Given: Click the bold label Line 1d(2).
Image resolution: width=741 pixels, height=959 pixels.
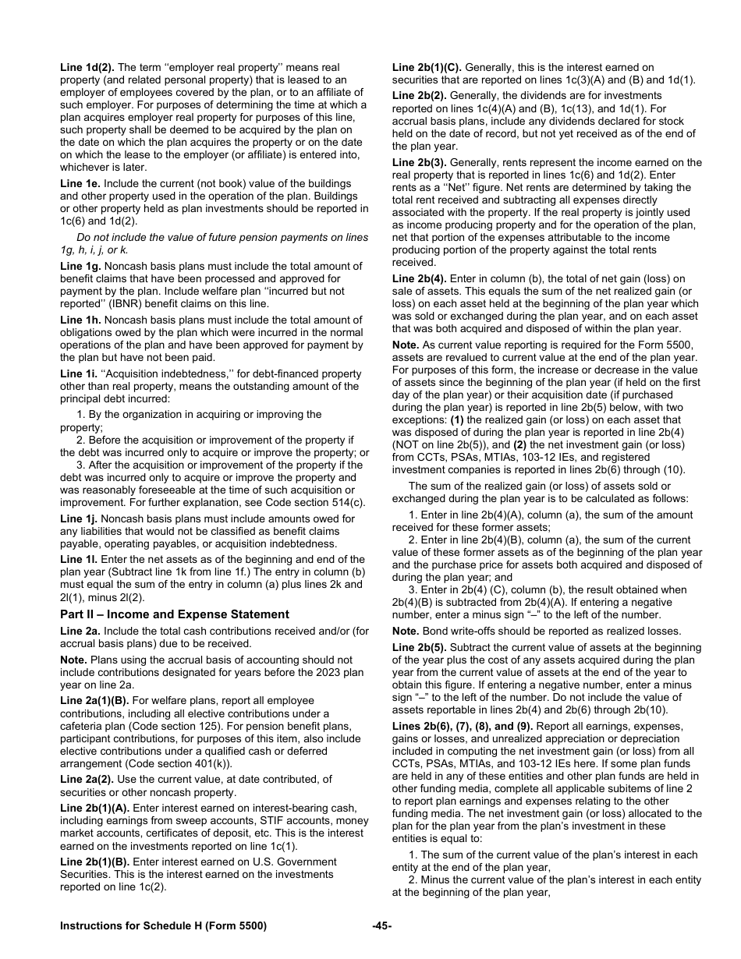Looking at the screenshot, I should [87, 68].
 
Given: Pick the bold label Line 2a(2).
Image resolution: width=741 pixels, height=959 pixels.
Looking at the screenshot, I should [87, 779].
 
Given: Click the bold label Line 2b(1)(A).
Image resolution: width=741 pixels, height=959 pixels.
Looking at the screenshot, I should [94, 808].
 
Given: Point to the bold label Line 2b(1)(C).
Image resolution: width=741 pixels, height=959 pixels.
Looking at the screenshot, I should [427, 68].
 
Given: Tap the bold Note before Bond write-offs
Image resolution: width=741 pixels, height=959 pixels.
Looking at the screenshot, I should [405, 631].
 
